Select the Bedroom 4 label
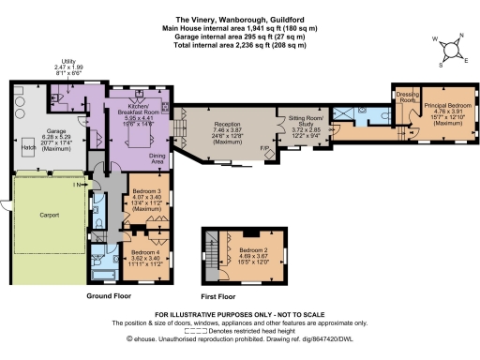pos(142,251)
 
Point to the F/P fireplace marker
pos(266,147)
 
